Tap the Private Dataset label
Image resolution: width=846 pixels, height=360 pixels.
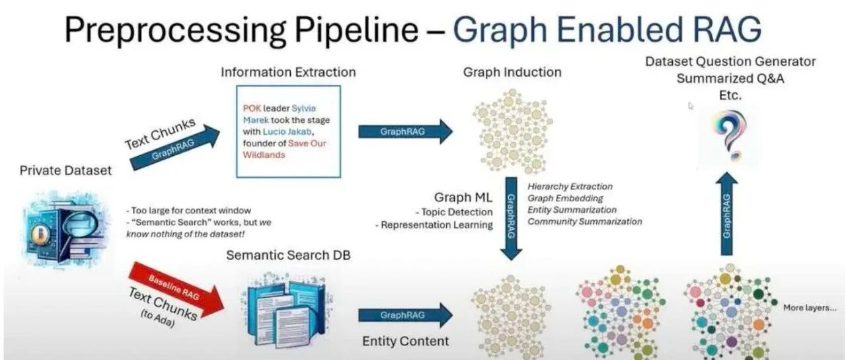(x=65, y=170)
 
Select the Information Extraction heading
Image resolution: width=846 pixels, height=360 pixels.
(x=288, y=72)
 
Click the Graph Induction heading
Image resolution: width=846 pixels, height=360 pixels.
(x=512, y=72)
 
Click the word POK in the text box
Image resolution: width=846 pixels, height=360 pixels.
(x=252, y=108)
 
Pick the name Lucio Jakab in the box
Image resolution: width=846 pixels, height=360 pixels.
(x=287, y=131)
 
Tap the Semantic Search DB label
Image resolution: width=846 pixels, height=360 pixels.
(x=288, y=255)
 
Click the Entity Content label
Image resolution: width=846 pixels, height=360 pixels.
(x=405, y=341)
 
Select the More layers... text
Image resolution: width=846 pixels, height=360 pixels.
(x=810, y=308)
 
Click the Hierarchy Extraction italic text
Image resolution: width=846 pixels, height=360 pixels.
(x=570, y=186)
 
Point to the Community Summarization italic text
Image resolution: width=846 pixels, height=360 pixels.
(x=585, y=221)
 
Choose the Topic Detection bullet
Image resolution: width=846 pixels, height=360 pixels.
(x=454, y=212)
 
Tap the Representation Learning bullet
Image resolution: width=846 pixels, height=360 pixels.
(x=434, y=225)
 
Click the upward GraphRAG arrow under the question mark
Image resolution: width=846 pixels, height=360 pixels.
(x=726, y=213)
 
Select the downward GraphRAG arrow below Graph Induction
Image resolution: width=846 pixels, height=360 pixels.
(x=511, y=219)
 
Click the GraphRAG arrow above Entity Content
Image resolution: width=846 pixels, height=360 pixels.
(x=405, y=315)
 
